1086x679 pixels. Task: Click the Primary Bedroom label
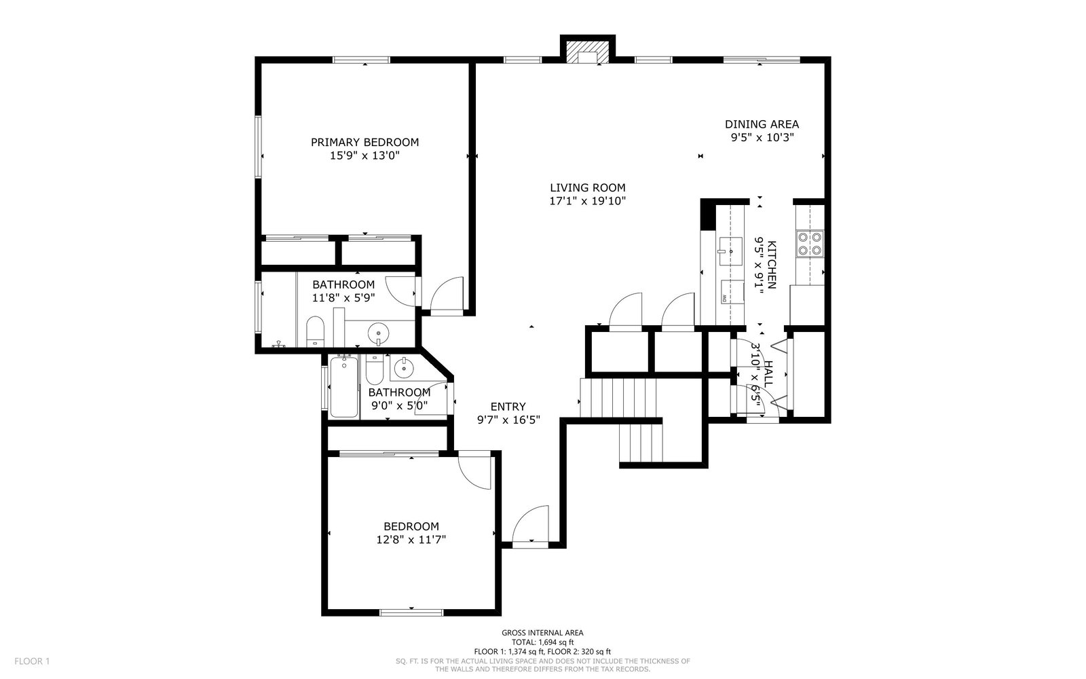[x=364, y=142]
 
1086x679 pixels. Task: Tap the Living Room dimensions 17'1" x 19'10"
[x=588, y=201]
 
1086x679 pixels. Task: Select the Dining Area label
[x=762, y=124]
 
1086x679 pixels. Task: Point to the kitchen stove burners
[x=810, y=244]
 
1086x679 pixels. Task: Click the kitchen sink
[x=730, y=251]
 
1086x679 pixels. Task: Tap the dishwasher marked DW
[x=732, y=291]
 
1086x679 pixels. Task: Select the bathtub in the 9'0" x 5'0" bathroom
[x=343, y=386]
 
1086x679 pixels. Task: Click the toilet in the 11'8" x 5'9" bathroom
[x=315, y=331]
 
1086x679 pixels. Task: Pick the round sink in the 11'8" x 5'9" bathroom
[x=378, y=333]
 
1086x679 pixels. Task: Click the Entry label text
[x=508, y=407]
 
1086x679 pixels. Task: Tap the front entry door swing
[x=530, y=524]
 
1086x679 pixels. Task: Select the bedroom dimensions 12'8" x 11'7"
[x=411, y=539]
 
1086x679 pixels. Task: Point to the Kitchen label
[x=772, y=265]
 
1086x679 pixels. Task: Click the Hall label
[x=768, y=374]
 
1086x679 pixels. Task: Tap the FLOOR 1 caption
[x=32, y=661]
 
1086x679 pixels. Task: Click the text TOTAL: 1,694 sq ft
[x=542, y=642]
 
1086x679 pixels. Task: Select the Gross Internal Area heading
[x=542, y=633]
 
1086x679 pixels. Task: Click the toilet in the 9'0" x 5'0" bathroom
[x=374, y=369]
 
